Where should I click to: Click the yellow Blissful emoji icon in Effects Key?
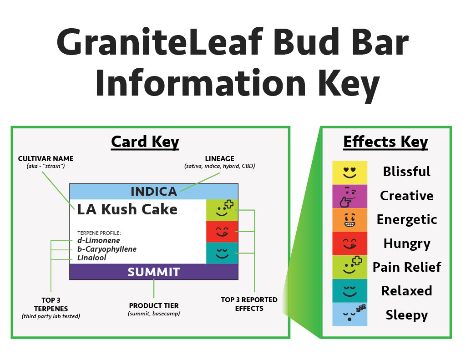coord(349,172)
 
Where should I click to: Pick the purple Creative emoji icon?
coord(349,196)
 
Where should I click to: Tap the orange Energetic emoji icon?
coord(349,220)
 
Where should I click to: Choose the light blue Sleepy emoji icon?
coord(349,314)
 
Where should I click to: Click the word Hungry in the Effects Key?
coord(406,243)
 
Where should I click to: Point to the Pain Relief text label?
coord(406,267)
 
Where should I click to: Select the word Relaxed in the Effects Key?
coord(406,290)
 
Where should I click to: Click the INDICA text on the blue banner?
coord(154,192)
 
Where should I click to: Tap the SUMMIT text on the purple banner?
coord(154,272)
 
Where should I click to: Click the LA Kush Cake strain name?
coord(127,209)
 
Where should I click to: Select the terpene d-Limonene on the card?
coord(98,240)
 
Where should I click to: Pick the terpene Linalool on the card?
coord(92,258)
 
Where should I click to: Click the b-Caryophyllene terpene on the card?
coord(106,249)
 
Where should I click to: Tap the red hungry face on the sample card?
coord(222,232)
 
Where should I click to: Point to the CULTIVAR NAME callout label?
coord(46,159)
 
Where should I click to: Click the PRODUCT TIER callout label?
coord(154,305)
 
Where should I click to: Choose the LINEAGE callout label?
coord(220,159)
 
